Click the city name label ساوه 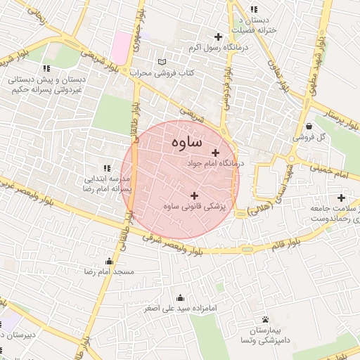[186, 142]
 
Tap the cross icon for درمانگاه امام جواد [215, 153]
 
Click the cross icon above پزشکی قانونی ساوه [194, 195]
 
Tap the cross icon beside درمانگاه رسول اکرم [218, 37]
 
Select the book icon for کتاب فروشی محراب [164, 62]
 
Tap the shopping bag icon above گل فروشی [309, 126]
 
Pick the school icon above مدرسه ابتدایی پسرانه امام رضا [107, 168]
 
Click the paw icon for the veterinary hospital [265, 319]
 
